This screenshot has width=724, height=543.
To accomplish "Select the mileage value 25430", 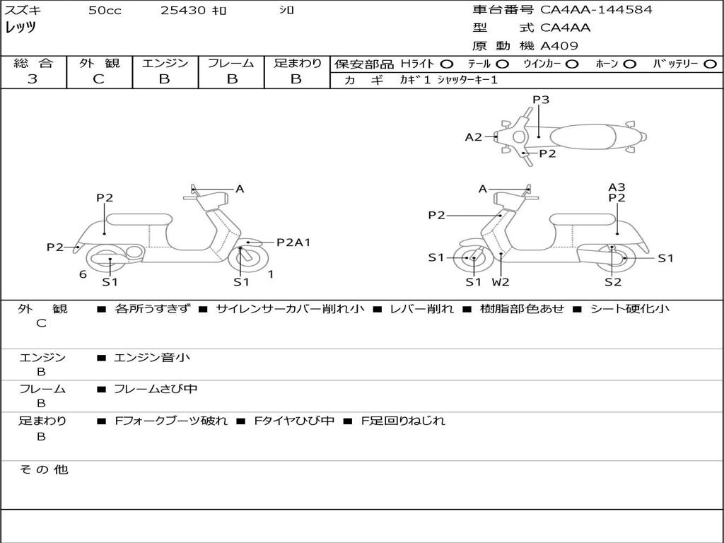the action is [x=183, y=11].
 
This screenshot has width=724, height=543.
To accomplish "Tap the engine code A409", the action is [x=559, y=46].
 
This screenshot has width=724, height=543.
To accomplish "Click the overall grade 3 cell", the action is [x=33, y=79].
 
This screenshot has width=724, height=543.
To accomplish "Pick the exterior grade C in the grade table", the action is [x=98, y=79].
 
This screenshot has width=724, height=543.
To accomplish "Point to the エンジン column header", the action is [x=165, y=64].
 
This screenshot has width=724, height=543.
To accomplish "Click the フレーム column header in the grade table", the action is [x=230, y=64].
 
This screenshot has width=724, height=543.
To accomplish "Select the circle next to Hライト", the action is [x=447, y=64].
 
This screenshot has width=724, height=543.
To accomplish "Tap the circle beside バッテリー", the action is [x=710, y=64].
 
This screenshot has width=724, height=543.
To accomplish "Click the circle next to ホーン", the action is [x=630, y=64].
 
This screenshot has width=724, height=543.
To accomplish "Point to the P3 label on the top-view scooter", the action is [x=541, y=100].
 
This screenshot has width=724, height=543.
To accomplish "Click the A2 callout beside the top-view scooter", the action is [x=473, y=137].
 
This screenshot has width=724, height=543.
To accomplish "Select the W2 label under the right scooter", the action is [x=501, y=282].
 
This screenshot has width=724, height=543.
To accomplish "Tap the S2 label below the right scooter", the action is [x=612, y=282].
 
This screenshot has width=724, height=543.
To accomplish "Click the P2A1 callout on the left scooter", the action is [x=293, y=243].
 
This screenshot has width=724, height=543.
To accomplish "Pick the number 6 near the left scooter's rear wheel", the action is [x=83, y=274].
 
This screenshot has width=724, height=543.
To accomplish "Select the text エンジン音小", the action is [x=152, y=358].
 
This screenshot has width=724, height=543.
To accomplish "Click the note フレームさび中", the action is [x=156, y=389].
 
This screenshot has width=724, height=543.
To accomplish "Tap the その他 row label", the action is [x=43, y=469].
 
